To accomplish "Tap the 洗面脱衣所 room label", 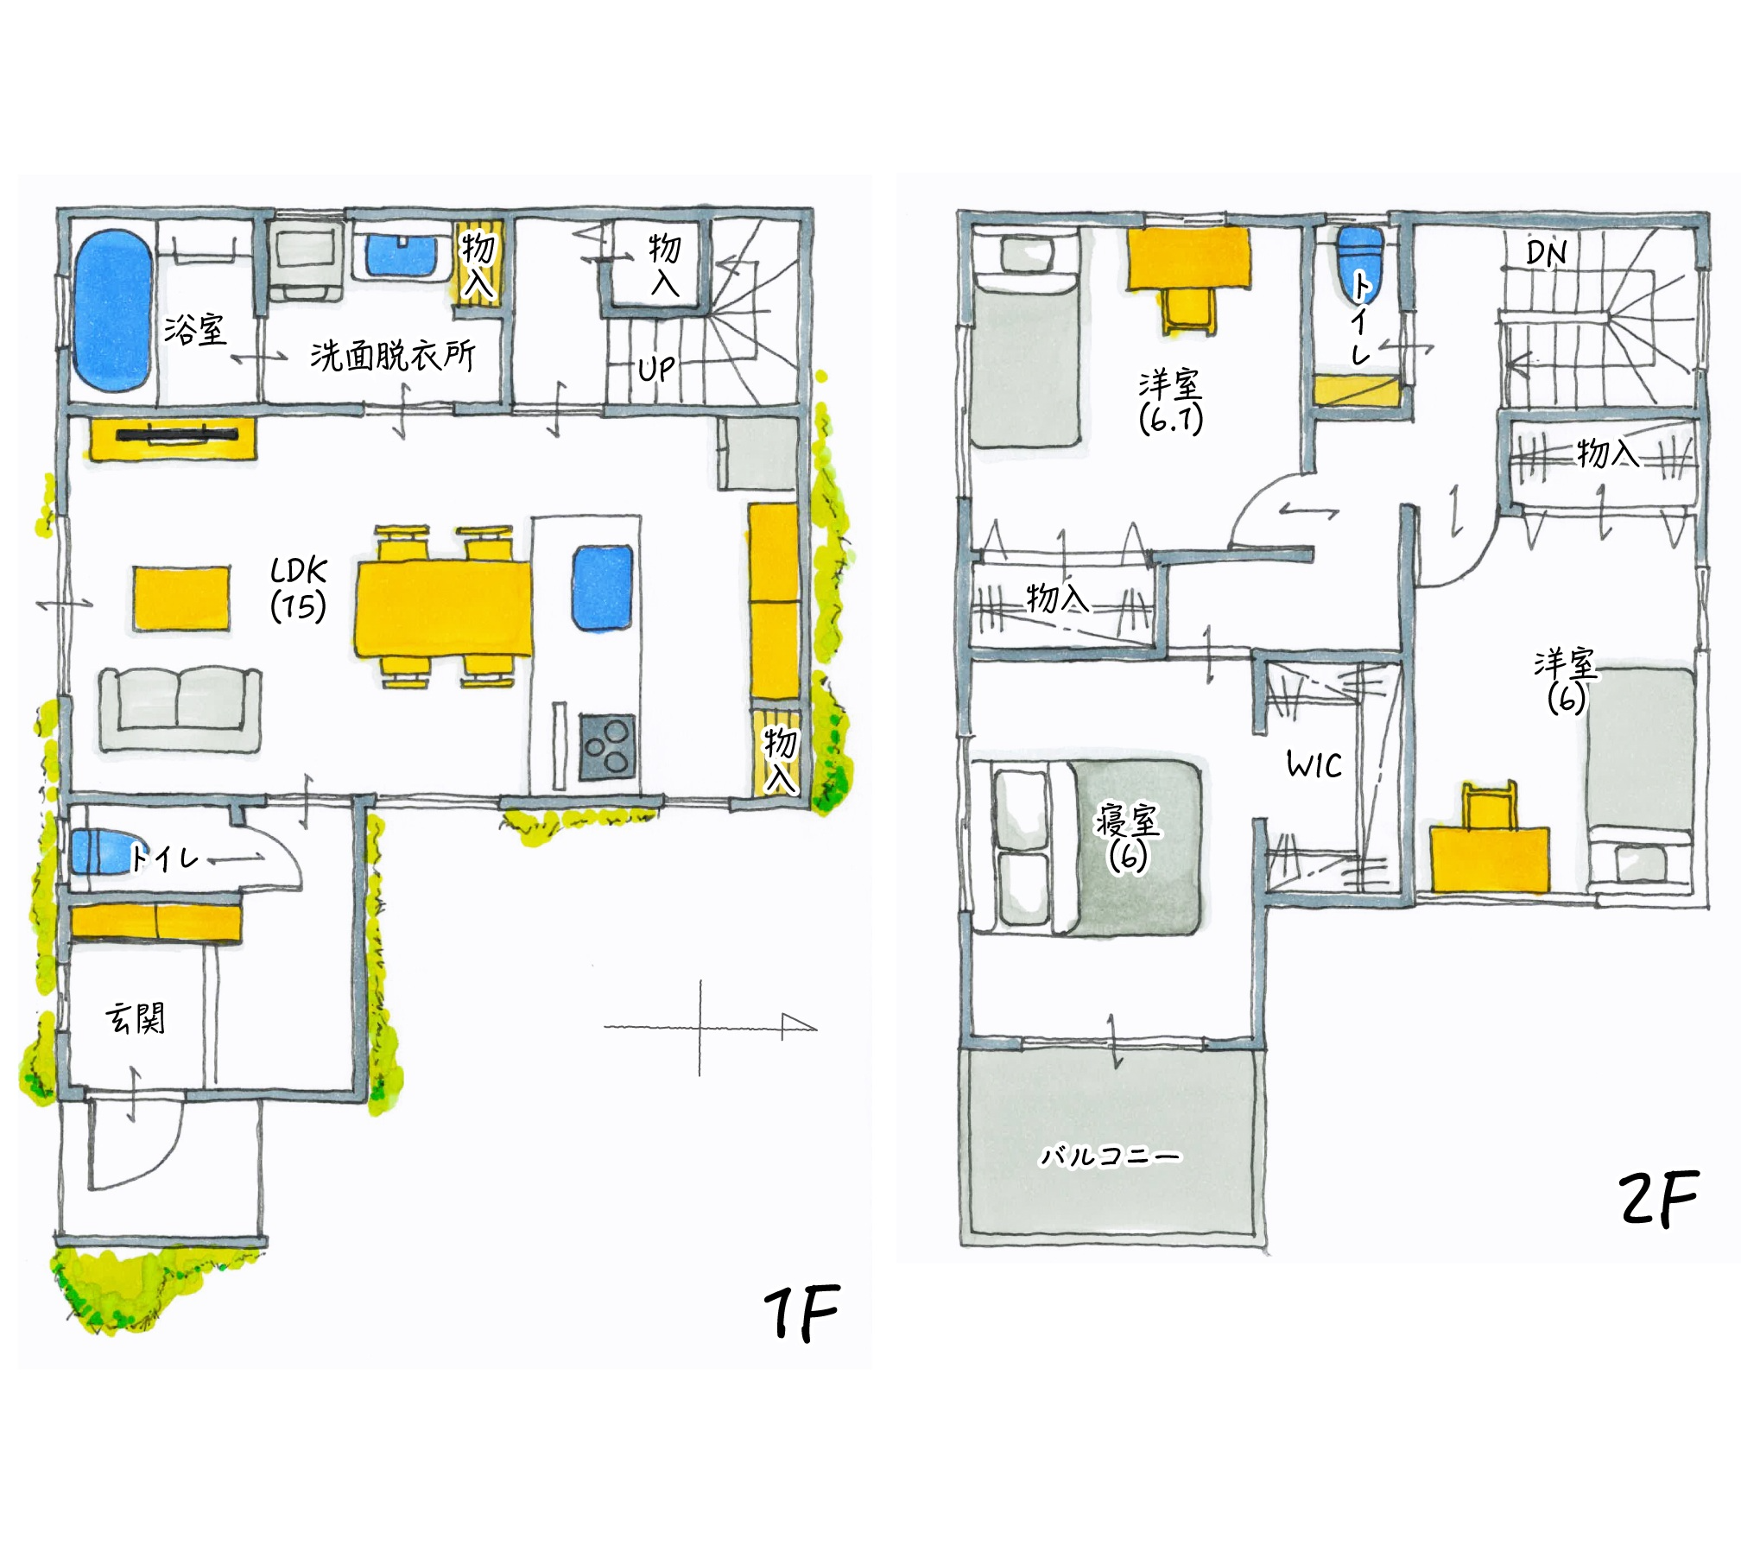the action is pyautogui.click(x=393, y=355).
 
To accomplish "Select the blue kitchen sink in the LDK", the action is pyautogui.click(x=603, y=587).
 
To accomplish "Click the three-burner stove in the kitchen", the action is pyautogui.click(x=607, y=747).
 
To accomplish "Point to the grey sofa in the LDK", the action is pyautogui.click(x=180, y=709).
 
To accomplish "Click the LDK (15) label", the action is pyautogui.click(x=299, y=589).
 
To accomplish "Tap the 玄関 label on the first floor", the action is pyautogui.click(x=135, y=1018).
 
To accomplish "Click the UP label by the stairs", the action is pyautogui.click(x=656, y=369).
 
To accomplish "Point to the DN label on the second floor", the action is pyautogui.click(x=1546, y=253).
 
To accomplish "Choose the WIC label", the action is pyautogui.click(x=1314, y=765).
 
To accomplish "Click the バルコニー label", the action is pyautogui.click(x=1110, y=1156).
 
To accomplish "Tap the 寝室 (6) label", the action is pyautogui.click(x=1128, y=837).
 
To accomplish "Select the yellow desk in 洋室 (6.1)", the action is pyautogui.click(x=1188, y=257).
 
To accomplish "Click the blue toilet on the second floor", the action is pyautogui.click(x=1358, y=263).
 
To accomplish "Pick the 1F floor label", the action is pyautogui.click(x=801, y=1312).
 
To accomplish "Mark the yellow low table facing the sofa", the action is pyautogui.click(x=181, y=599).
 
